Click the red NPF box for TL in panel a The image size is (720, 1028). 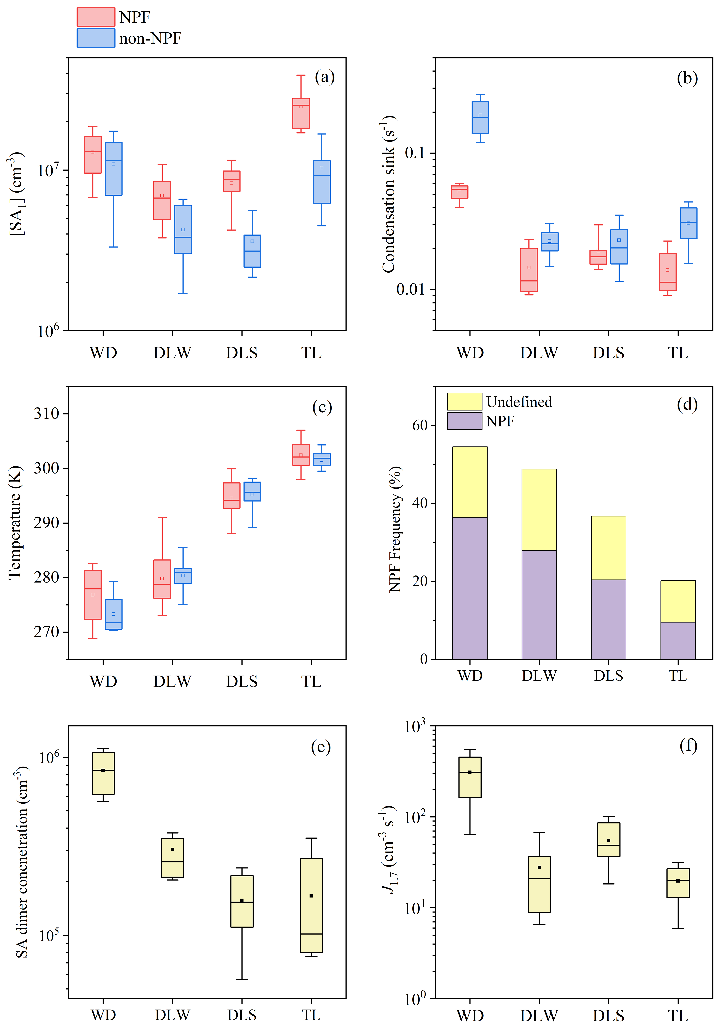(301, 114)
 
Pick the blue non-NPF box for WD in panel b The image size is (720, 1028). (480, 117)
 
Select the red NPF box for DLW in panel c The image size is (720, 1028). (162, 579)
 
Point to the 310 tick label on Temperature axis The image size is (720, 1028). (47, 413)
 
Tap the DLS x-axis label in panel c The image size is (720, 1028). (242, 681)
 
